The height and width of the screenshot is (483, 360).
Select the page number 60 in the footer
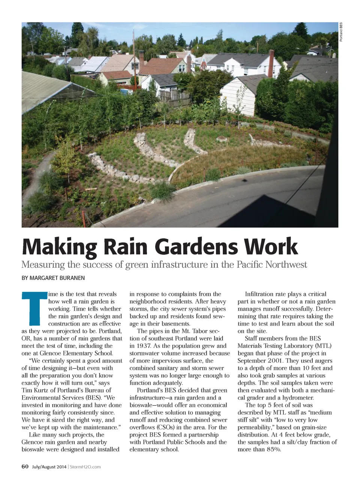click(x=25, y=466)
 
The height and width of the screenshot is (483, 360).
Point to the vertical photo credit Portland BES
click(x=341, y=33)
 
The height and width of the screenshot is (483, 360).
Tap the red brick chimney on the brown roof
click(x=141, y=58)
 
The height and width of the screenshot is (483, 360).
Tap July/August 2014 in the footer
click(x=49, y=467)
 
